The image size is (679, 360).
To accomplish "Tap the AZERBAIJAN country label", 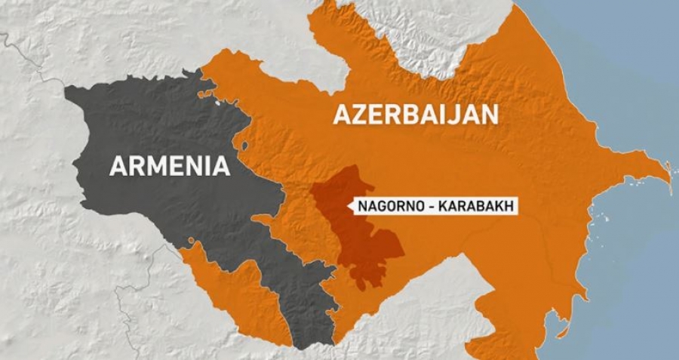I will [414, 115].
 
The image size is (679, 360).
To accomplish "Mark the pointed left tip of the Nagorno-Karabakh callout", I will [349, 205].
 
